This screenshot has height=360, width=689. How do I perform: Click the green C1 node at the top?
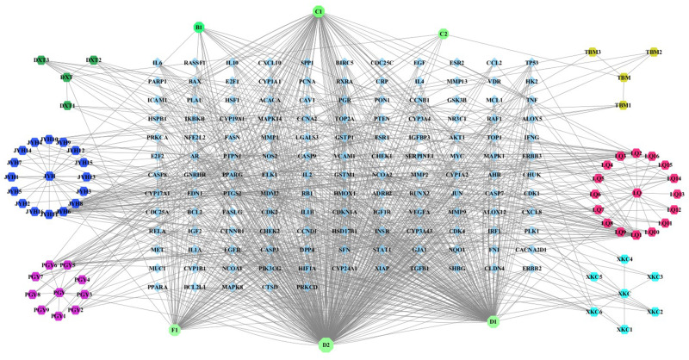pos(319,11)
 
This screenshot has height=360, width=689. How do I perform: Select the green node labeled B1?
pos(199,28)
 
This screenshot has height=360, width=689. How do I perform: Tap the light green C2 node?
pos(444,34)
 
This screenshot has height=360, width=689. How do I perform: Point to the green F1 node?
pos(175,329)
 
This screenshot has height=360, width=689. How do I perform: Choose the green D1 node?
pos(493,321)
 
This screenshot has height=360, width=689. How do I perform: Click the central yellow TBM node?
pos(624,78)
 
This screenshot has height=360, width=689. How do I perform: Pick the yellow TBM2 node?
pos(654,53)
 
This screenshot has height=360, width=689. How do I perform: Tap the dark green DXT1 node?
pos(67,106)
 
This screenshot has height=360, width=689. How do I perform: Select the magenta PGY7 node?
pos(36,276)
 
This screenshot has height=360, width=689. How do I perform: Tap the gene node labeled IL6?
pos(157,63)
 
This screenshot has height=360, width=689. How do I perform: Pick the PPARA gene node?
pos(157,286)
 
